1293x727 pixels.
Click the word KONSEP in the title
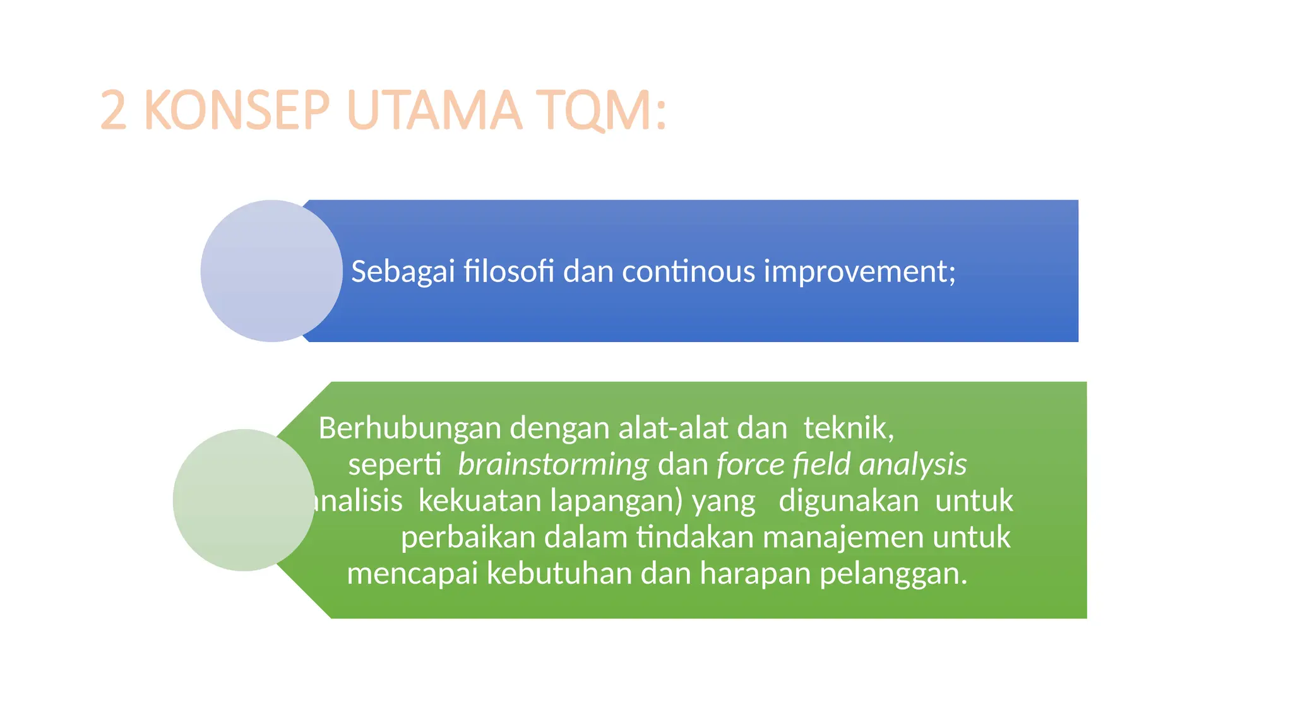pyautogui.click(x=237, y=110)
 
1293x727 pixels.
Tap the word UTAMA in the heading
pyautogui.click(x=434, y=110)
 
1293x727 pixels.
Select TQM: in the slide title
pyautogui.click(x=601, y=110)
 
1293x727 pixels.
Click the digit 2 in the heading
pyautogui.click(x=114, y=110)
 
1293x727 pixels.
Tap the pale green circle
pyautogui.click(x=243, y=500)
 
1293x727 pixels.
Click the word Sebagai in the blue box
pyautogui.click(x=403, y=271)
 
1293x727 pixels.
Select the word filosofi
pyautogui.click(x=509, y=271)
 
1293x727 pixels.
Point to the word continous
pyautogui.click(x=688, y=271)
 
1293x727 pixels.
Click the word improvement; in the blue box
pyautogui.click(x=860, y=271)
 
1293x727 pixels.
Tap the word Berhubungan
pyautogui.click(x=410, y=429)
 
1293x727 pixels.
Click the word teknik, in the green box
pyautogui.click(x=849, y=429)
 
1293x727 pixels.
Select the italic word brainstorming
pyautogui.click(x=553, y=465)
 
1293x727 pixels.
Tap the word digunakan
pyautogui.click(x=849, y=501)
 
